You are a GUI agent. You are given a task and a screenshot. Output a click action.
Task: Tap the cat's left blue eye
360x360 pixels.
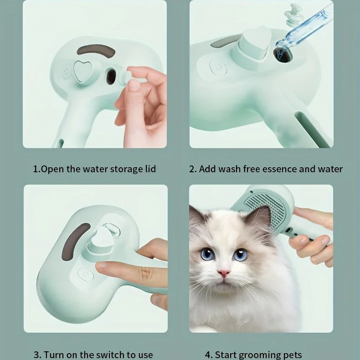click(207, 253)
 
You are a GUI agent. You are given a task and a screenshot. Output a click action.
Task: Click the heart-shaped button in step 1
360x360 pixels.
click(82, 71)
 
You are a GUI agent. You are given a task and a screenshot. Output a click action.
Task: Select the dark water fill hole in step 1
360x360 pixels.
click(111, 76)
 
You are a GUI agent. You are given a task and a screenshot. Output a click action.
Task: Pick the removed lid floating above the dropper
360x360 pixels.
click(293, 14)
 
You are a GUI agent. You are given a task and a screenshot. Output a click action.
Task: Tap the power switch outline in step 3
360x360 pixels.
click(85, 274)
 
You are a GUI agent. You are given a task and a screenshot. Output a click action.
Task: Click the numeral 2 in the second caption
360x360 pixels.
click(192, 169)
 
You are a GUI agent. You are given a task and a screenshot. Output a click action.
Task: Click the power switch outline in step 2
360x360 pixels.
click(218, 67)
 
